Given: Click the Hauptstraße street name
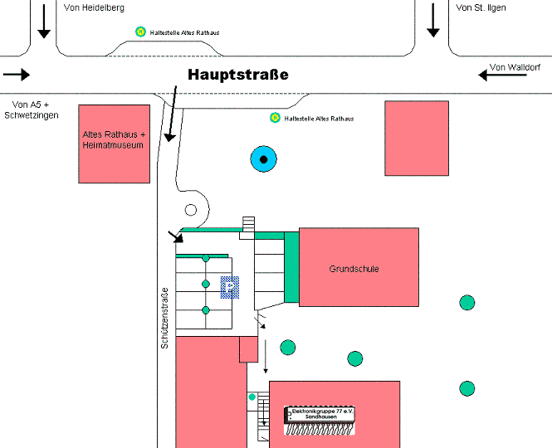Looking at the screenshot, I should tap(237, 75).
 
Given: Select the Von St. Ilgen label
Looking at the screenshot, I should tap(481, 7).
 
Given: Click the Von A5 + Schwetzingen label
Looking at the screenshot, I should tap(32, 110).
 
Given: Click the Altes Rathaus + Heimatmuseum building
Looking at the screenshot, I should tap(114, 144).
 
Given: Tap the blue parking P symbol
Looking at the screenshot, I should tap(229, 287).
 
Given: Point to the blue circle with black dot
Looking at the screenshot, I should tap(263, 158).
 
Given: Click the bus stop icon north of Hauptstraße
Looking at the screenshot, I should tap(141, 32).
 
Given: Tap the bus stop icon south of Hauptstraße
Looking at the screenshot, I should tap(274, 118).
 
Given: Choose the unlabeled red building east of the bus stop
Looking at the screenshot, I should tap(417, 138).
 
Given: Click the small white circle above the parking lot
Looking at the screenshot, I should tap(191, 210).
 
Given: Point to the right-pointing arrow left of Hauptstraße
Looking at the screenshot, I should tap(17, 75).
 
